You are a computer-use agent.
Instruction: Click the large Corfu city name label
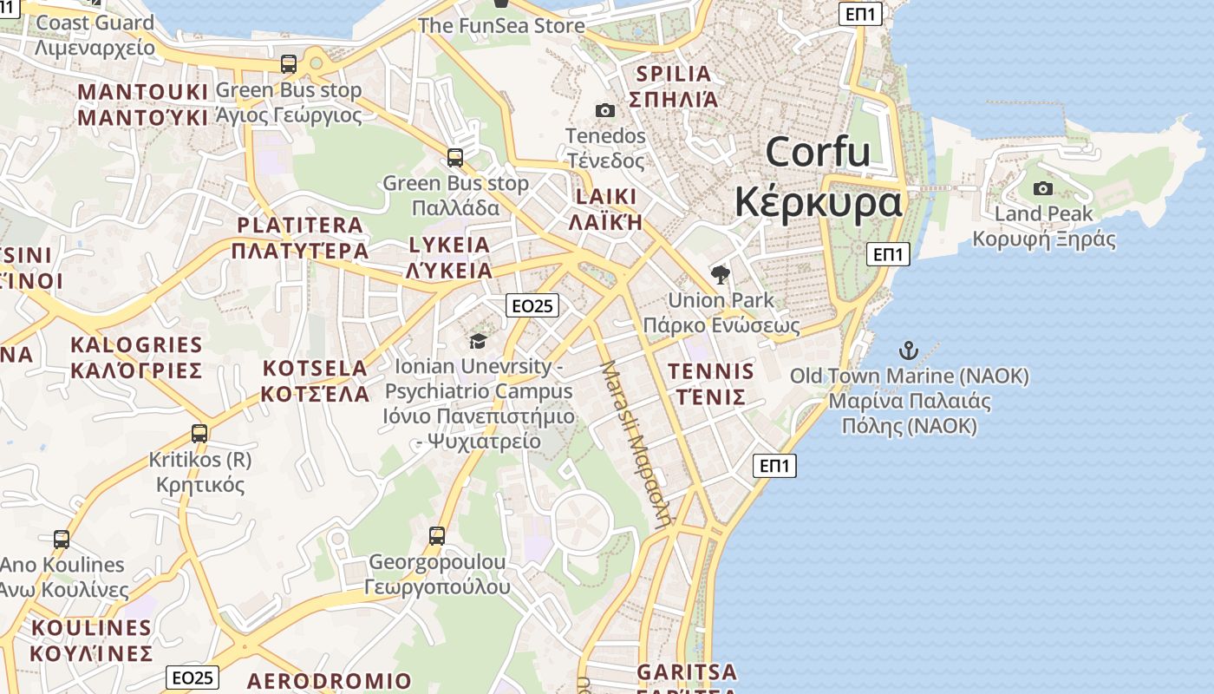coord(818,178)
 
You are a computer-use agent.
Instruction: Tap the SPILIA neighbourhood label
coord(674,86)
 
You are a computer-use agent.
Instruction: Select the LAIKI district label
coord(604,208)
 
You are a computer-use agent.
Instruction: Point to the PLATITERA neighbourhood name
coord(300,238)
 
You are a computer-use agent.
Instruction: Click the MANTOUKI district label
coord(143,104)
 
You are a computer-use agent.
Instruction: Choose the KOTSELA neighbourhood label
coord(316,380)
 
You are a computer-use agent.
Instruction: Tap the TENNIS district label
coord(710,383)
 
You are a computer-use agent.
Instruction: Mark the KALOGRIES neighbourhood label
coord(136,357)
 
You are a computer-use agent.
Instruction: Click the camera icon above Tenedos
coord(605,110)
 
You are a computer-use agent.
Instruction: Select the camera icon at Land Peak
coord(1043,188)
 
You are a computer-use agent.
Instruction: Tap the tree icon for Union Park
coord(720,275)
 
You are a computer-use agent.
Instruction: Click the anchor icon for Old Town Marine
coord(908,350)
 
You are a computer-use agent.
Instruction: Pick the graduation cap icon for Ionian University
coord(478,341)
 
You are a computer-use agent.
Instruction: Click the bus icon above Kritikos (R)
coord(199,433)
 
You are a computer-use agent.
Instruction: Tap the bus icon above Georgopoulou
coord(437,535)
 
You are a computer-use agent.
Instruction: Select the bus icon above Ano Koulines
coord(62,539)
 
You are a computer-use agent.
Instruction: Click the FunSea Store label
coord(501,25)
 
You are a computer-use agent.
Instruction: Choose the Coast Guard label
coord(95,35)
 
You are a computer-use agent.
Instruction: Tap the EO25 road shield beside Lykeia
coord(532,305)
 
